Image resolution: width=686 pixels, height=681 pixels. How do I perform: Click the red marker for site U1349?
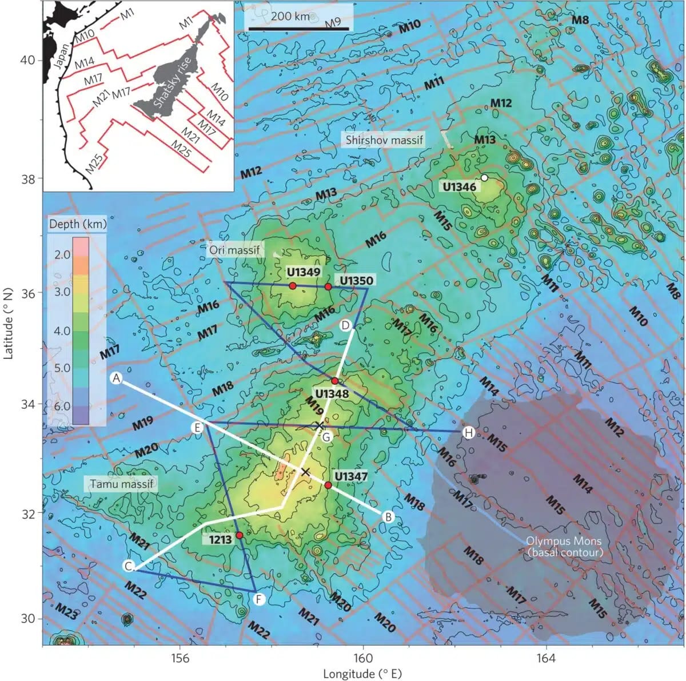pyautogui.click(x=292, y=285)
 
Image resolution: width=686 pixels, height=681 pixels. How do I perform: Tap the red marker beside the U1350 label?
pyautogui.click(x=328, y=286)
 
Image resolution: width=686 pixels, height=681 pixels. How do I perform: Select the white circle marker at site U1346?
pyautogui.click(x=484, y=178)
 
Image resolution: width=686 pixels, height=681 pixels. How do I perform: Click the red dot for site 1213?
pyautogui.click(x=240, y=535)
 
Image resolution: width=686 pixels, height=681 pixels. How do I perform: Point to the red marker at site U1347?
pyautogui.click(x=328, y=485)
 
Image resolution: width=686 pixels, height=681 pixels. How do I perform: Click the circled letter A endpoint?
pyautogui.click(x=117, y=379)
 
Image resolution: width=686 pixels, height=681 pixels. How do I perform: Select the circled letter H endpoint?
pyautogui.click(x=469, y=432)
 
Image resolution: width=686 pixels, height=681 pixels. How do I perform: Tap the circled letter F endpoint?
pyautogui.click(x=259, y=599)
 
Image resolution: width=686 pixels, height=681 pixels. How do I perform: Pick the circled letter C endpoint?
pyautogui.click(x=129, y=566)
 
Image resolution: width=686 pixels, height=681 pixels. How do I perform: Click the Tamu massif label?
pyautogui.click(x=122, y=484)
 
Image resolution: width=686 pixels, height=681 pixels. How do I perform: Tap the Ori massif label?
pyautogui.click(x=234, y=250)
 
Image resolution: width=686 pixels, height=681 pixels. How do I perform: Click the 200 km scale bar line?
pyautogui.click(x=298, y=27)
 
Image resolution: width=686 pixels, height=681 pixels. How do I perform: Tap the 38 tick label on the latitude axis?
pyautogui.click(x=28, y=178)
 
